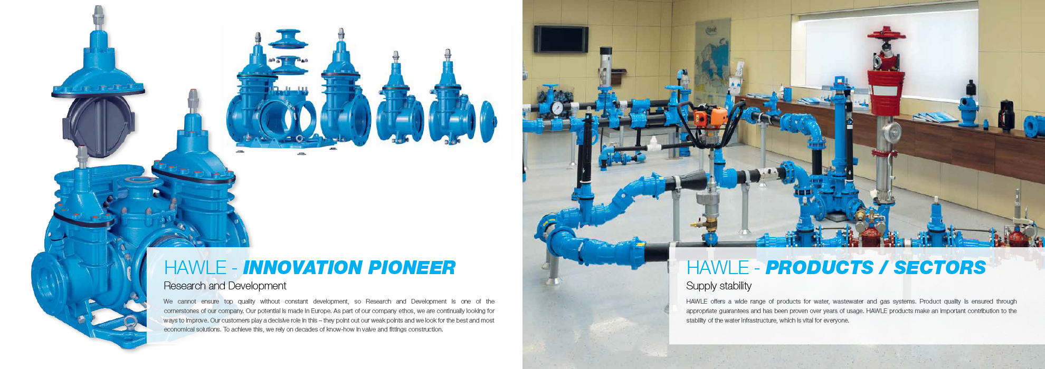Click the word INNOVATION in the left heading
pyautogui.click(x=302, y=268)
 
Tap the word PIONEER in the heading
pyautogui.click(x=412, y=268)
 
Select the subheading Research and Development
pyautogui.click(x=225, y=286)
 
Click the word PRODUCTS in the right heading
pyautogui.click(x=820, y=268)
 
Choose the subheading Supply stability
pyautogui.click(x=719, y=286)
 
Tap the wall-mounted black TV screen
pyautogui.click(x=560, y=39)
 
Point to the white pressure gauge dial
pyautogui.click(x=557, y=108)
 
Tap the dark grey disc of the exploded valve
pyautogui.click(x=98, y=126)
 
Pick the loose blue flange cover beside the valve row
pyautogui.click(x=489, y=121)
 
